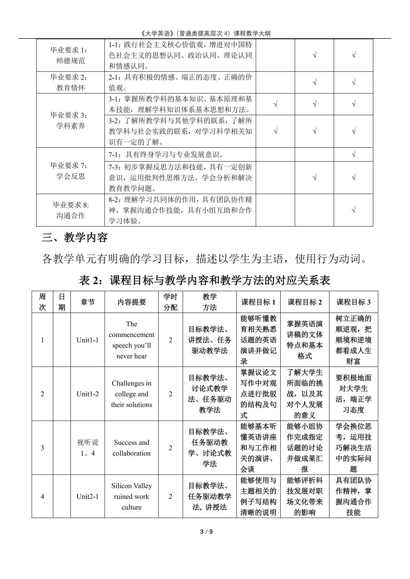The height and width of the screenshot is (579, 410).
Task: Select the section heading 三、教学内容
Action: (x=75, y=238)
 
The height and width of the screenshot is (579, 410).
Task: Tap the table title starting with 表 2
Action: (x=205, y=280)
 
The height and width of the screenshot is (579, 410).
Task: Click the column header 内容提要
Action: (x=132, y=302)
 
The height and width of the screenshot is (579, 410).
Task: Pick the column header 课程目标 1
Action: (x=258, y=302)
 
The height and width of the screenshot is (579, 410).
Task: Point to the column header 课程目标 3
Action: (x=354, y=302)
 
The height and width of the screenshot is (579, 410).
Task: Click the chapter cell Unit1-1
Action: (x=88, y=340)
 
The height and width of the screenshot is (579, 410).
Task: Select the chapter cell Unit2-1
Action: (x=88, y=497)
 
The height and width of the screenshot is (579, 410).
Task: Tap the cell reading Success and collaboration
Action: (x=132, y=448)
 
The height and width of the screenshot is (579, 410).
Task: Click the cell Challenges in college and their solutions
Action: (x=132, y=394)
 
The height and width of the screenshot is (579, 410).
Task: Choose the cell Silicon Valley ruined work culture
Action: (x=132, y=497)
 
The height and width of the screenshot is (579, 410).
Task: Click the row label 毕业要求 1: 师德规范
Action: (x=71, y=56)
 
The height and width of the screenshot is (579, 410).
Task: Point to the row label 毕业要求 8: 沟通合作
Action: (x=71, y=210)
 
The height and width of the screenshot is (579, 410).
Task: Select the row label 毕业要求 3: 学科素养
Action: (x=71, y=120)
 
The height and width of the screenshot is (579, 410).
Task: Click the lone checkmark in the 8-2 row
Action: (x=354, y=210)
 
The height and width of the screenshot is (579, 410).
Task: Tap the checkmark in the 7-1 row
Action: (x=354, y=154)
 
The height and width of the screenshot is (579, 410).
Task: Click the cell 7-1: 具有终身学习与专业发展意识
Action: (x=166, y=155)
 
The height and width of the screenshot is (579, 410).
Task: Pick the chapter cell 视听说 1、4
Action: (x=88, y=448)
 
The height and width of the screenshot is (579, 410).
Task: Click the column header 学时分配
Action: (x=170, y=302)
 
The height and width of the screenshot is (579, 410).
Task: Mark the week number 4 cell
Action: (x=42, y=497)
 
